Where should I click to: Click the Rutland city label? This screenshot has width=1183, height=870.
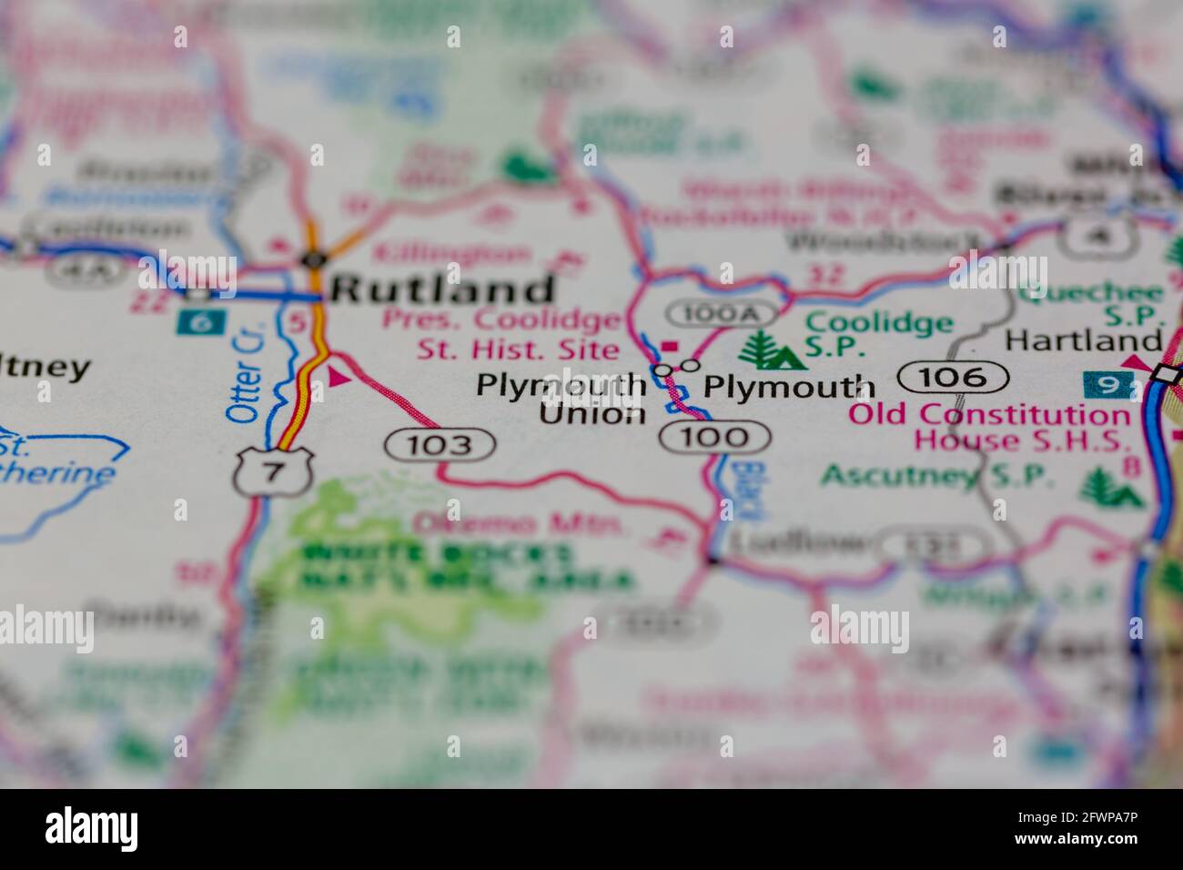tap(442, 289)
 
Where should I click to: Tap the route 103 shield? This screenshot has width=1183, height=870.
tap(440, 444)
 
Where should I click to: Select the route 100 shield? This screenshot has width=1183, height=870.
tap(715, 437)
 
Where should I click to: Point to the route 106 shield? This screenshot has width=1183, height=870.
tap(954, 376)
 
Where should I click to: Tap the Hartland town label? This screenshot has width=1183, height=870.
tap(1084, 341)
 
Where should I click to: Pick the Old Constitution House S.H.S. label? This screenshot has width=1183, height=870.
tap(988, 428)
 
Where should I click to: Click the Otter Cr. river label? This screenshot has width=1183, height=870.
tap(246, 381)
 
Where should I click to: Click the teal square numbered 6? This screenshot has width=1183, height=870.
tap(195, 321)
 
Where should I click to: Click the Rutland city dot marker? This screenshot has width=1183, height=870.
tap(313, 260)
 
